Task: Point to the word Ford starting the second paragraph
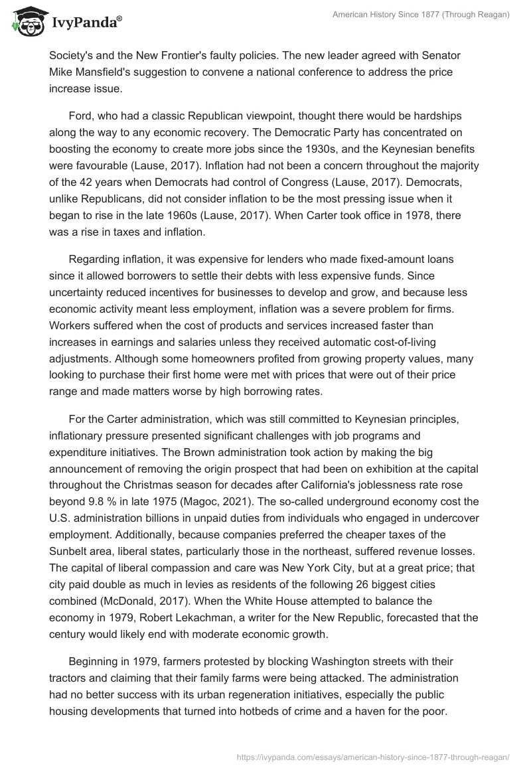click(82, 117)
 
